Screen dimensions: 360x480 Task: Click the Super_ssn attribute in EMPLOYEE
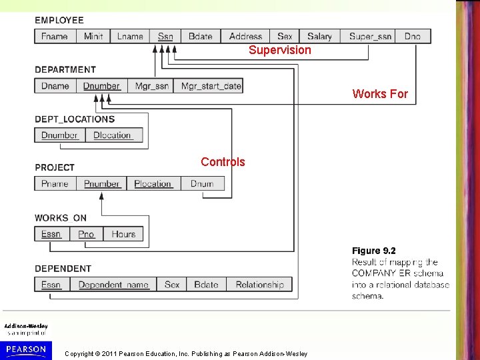[371, 37]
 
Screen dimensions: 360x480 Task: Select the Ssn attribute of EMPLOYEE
[165, 37]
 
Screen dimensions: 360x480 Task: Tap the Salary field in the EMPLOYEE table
[319, 37]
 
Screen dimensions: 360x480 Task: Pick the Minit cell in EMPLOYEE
[93, 37]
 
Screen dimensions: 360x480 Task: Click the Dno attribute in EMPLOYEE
[413, 37]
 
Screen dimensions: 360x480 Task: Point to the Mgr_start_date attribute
[211, 86]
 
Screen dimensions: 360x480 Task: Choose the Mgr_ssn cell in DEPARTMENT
[152, 86]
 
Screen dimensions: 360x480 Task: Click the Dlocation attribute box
[112, 135]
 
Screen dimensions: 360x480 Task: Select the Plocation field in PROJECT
[153, 184]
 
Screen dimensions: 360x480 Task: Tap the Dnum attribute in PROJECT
[202, 184]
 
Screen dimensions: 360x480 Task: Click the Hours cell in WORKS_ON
[123, 234]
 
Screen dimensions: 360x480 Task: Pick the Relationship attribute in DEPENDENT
[259, 285]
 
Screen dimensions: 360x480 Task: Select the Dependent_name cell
[113, 285]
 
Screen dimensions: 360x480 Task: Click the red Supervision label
[280, 50]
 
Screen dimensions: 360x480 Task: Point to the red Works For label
[380, 94]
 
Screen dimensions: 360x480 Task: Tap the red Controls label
[223, 162]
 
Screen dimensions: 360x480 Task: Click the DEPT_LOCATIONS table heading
[75, 119]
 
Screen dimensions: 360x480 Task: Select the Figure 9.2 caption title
[374, 251]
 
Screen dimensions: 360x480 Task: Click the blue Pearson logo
[26, 349]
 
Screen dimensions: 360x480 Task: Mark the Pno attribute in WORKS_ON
[87, 234]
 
